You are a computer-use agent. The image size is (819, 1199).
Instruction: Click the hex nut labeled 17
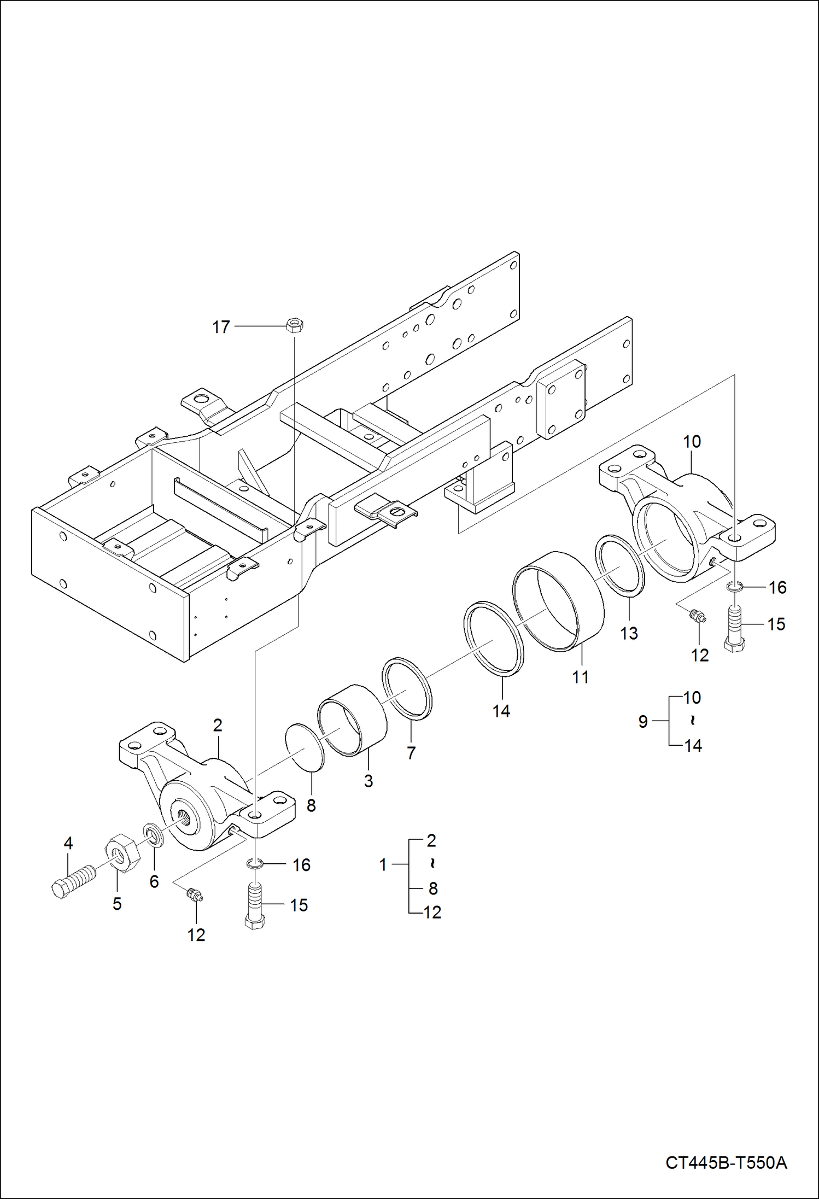[x=295, y=325]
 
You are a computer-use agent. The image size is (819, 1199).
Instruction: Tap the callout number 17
[x=221, y=327]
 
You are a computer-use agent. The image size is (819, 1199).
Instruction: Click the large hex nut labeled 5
[x=121, y=853]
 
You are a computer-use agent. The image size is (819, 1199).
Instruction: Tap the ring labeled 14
[x=494, y=638]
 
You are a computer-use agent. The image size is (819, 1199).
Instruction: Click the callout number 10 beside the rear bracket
[x=692, y=441]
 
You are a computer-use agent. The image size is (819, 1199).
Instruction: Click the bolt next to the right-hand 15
[x=735, y=627]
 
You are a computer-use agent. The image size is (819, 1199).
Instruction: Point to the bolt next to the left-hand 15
[x=255, y=906]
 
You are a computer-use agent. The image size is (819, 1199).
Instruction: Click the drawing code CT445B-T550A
[x=726, y=1162]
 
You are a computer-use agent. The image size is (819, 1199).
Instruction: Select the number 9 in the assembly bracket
[x=643, y=721]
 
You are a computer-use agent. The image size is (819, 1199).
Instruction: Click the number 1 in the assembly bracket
[x=383, y=864]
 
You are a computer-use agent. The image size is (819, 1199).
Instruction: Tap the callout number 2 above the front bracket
[x=218, y=726]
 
